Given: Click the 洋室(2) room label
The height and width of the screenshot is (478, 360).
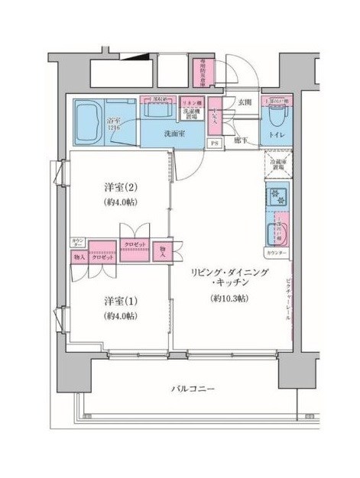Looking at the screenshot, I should point(120,186).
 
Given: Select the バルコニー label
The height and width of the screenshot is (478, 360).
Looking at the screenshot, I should point(192,389).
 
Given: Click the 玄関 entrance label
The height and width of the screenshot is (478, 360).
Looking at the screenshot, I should point(244,102).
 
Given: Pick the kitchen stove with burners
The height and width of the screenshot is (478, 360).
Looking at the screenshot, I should point(276,197).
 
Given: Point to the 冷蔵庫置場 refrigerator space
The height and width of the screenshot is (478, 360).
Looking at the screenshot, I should point(276,165).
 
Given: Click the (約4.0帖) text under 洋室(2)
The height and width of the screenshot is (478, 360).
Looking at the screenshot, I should point(120,202).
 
